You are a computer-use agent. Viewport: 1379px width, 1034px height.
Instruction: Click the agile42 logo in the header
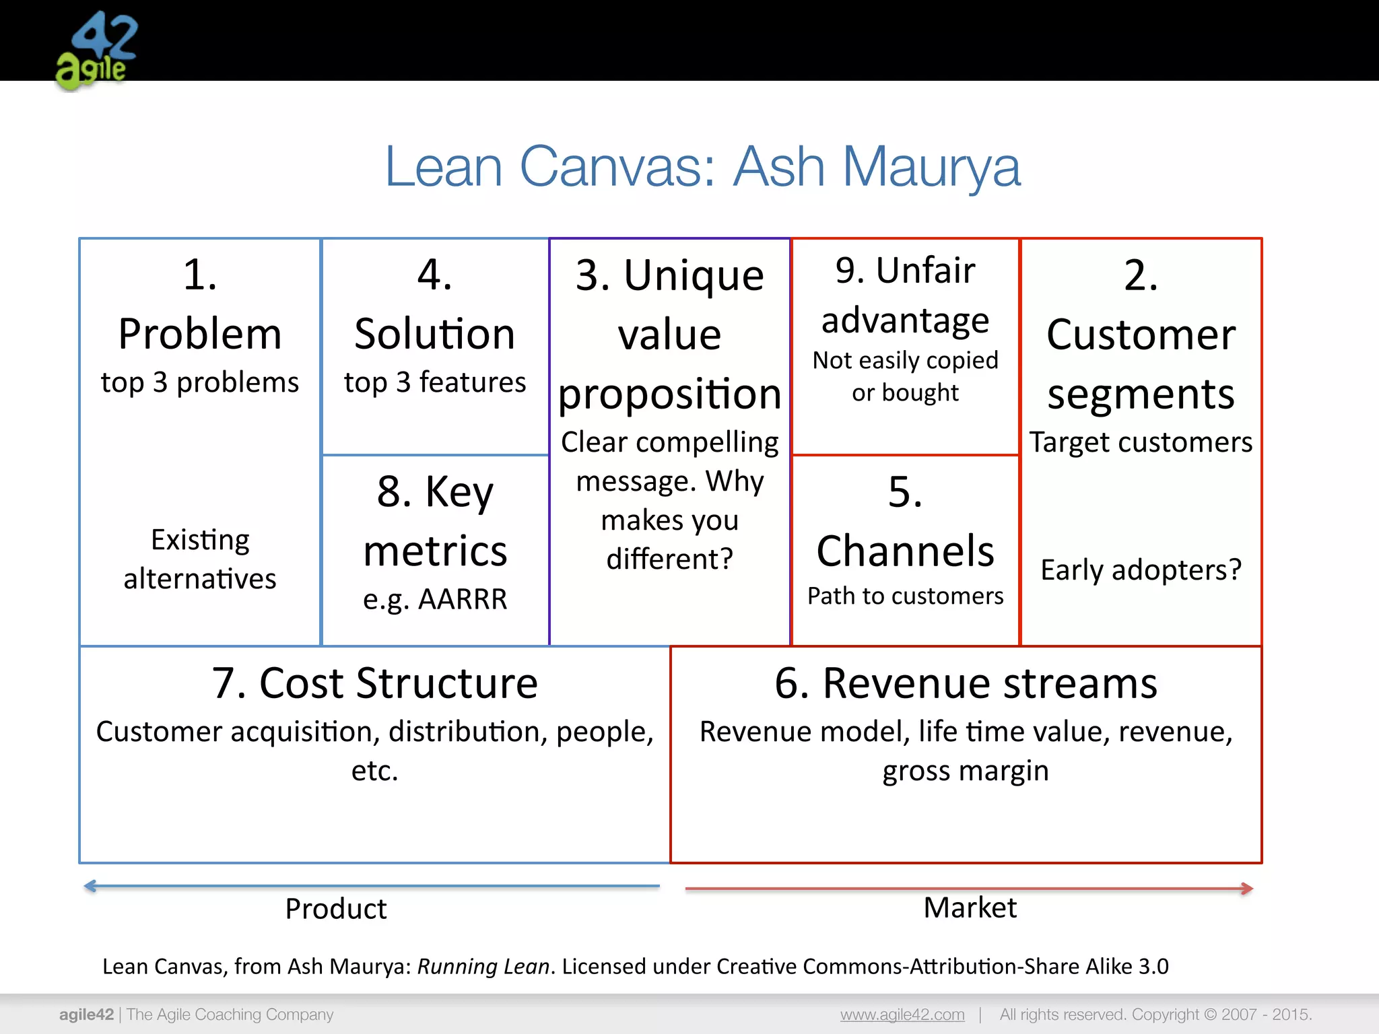[96, 50]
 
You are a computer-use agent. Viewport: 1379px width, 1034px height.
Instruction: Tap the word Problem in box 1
[200, 334]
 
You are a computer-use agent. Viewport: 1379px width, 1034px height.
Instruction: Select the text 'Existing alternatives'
[200, 559]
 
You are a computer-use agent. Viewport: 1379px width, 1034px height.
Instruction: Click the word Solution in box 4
[435, 334]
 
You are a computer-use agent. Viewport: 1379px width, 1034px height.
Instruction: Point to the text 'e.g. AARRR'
[435, 598]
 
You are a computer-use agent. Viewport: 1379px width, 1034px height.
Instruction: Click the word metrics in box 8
[435, 551]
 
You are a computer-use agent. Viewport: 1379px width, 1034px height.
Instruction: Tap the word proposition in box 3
[669, 394]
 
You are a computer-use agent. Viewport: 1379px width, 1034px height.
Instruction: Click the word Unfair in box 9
[925, 271]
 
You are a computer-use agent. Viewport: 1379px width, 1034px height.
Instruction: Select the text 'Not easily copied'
[905, 361]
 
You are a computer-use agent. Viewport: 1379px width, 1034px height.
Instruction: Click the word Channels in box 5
[905, 551]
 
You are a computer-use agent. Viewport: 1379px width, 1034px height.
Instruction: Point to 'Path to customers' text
[905, 596]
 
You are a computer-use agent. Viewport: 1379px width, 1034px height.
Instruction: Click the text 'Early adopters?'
[1141, 570]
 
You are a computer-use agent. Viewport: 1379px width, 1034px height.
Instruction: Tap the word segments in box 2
[1141, 394]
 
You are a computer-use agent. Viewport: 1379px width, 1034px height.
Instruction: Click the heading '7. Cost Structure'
[375, 683]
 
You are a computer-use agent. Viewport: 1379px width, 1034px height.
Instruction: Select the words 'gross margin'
[966, 771]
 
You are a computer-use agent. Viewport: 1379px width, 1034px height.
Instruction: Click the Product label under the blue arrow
[335, 909]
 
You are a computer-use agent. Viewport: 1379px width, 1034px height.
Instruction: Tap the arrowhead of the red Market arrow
[1248, 889]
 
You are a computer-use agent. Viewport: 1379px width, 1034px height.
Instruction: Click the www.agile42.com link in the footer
[902, 1014]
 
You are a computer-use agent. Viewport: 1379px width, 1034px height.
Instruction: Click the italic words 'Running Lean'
[483, 967]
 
